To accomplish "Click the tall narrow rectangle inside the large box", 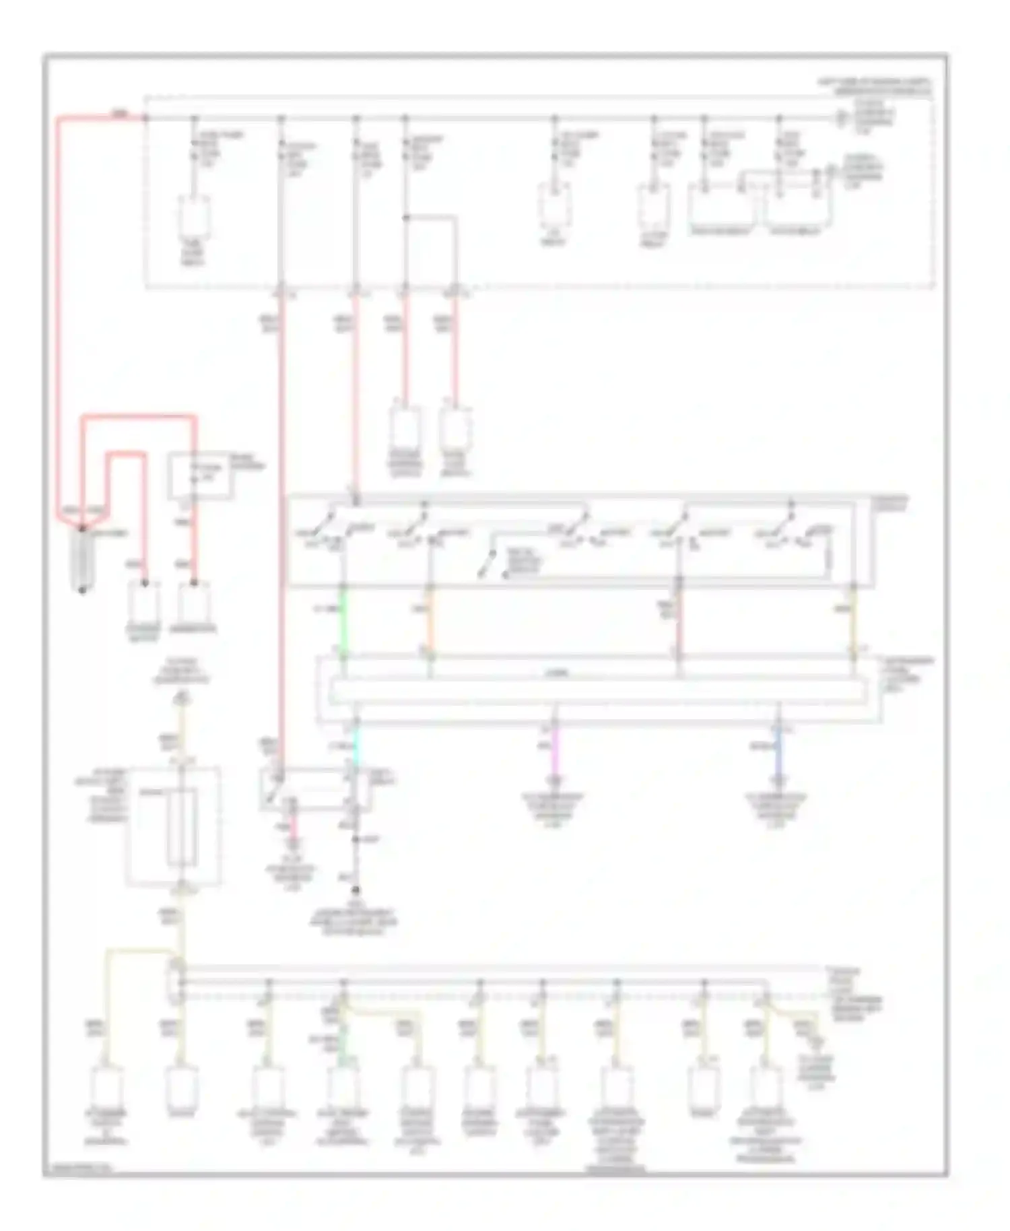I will pos(181,827).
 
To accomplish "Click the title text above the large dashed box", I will pos(874,86).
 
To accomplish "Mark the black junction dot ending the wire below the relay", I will pos(356,890).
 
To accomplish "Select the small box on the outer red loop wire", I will pos(199,475).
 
